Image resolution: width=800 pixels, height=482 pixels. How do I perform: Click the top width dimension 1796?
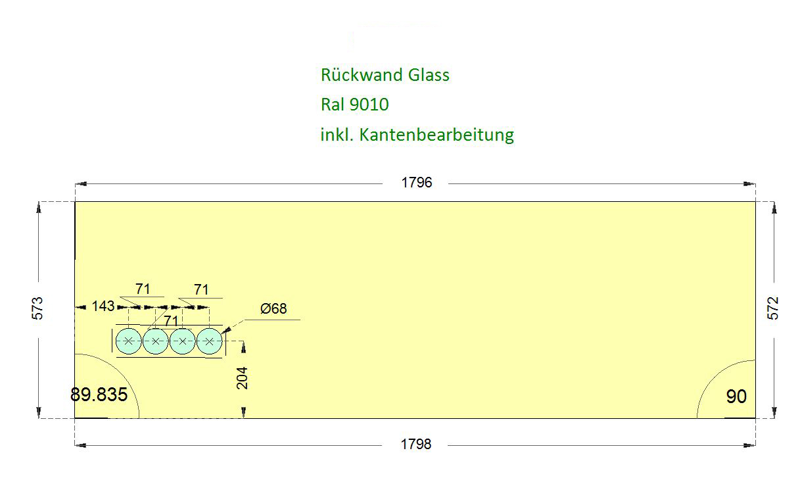click(417, 183)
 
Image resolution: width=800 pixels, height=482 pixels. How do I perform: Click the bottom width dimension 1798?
click(416, 445)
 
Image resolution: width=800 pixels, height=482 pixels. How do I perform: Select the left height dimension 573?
click(37, 308)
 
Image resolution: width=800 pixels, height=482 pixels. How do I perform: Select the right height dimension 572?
click(773, 308)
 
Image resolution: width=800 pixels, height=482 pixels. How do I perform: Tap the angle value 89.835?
click(99, 395)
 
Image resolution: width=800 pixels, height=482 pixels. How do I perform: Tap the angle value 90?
click(736, 397)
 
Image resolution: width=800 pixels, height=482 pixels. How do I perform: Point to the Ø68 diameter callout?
click(273, 308)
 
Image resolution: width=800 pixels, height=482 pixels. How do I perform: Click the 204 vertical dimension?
click(243, 377)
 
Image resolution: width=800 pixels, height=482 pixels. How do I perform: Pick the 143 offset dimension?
click(103, 306)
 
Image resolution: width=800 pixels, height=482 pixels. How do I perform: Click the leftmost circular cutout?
click(129, 341)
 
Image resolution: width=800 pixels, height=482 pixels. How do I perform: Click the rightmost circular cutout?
click(210, 341)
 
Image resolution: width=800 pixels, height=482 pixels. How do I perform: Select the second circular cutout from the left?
click(156, 341)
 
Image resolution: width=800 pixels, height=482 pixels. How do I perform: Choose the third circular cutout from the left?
click(183, 341)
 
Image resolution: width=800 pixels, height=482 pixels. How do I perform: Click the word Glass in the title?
click(429, 75)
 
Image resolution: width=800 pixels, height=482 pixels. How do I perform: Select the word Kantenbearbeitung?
click(436, 135)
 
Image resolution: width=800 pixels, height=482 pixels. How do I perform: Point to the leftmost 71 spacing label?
click(143, 289)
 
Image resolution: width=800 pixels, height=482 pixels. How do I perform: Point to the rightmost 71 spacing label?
click(201, 289)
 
